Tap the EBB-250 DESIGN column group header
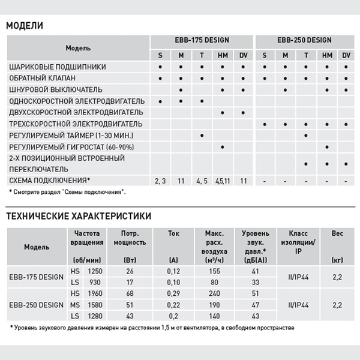tap(305, 41)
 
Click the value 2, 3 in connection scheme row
tap(160, 180)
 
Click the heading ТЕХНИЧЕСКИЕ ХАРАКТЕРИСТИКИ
tap(79, 216)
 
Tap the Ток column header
tap(173, 233)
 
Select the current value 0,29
tap(173, 293)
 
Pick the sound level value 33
tap(256, 282)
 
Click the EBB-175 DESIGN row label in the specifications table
tap(37, 277)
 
